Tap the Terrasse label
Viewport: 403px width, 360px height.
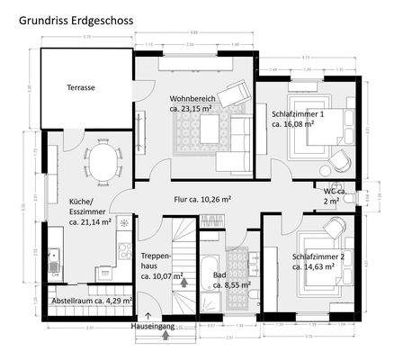(x=81, y=88)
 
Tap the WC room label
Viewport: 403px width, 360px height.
(x=333, y=196)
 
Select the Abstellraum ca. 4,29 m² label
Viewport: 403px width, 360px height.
(x=91, y=300)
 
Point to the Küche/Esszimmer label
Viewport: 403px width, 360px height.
(x=89, y=211)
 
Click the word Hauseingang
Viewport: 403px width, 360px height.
(x=153, y=326)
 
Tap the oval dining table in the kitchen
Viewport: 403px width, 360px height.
(x=102, y=162)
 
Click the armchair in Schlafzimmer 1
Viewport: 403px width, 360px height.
(x=342, y=160)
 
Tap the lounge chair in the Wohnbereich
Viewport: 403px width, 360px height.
(x=241, y=92)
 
